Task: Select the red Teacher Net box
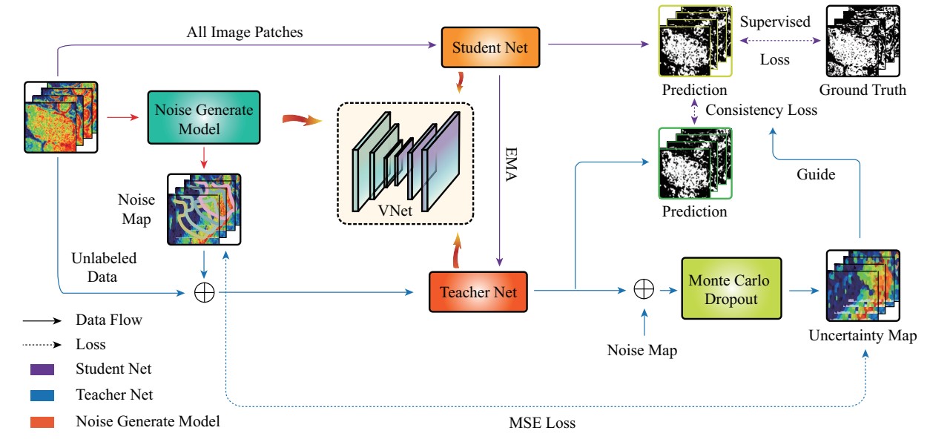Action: point(481,291)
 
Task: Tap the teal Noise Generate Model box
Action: point(204,118)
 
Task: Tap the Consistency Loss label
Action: point(762,110)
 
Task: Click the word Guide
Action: point(816,175)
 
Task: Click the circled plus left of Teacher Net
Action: point(204,292)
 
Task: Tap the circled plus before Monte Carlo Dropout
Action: point(643,290)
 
